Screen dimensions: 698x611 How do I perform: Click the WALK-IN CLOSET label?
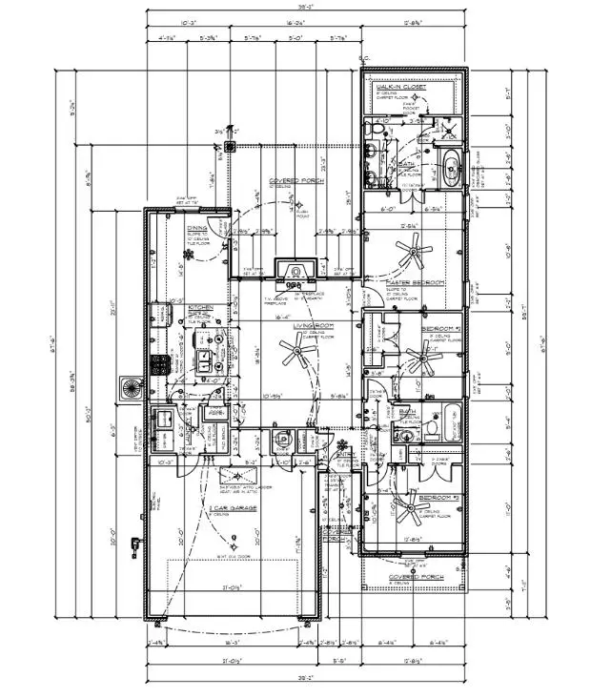tap(401, 87)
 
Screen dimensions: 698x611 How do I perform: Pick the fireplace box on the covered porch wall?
tap(295, 272)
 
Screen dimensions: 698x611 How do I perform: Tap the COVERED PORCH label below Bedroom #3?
tap(412, 577)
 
